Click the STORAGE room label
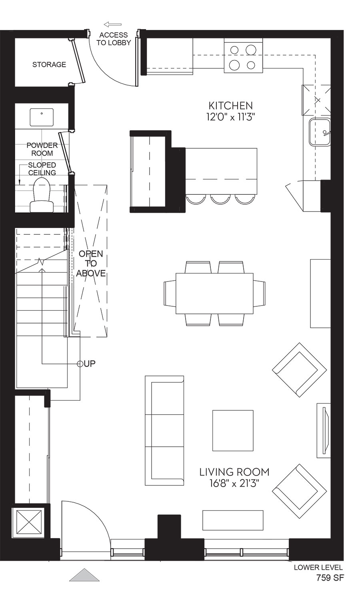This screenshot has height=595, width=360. point(49,64)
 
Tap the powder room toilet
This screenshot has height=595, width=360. point(42,195)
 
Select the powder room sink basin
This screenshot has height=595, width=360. point(42,117)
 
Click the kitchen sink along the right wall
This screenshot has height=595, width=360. point(319,132)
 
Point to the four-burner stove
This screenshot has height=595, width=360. point(243,57)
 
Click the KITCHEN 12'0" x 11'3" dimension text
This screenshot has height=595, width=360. point(231,111)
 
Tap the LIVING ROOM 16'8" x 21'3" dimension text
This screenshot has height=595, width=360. point(234,477)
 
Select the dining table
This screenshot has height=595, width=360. point(214,293)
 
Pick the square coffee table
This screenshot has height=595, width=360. point(233,431)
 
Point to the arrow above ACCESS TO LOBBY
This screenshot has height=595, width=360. point(113,25)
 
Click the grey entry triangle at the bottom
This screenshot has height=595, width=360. point(84,575)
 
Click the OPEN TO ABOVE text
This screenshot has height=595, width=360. point(91,263)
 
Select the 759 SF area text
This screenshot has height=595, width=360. point(330,585)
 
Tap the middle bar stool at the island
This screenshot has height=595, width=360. point(220,199)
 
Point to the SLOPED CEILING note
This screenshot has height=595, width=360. point(42,169)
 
